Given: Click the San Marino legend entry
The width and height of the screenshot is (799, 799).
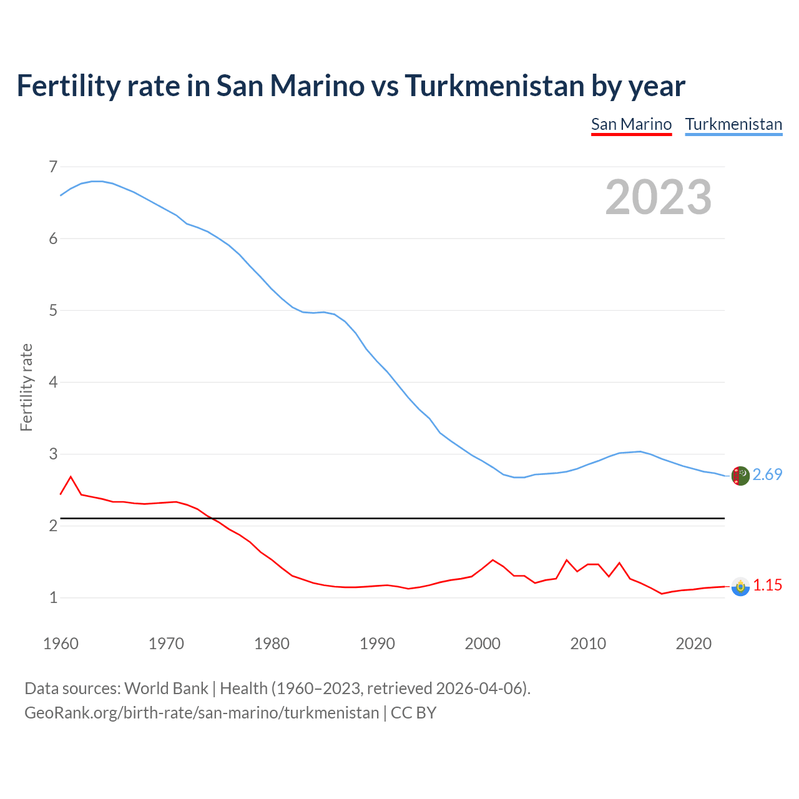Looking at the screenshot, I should tap(631, 124).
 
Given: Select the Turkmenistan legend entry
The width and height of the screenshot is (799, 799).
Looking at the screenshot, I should tap(733, 124).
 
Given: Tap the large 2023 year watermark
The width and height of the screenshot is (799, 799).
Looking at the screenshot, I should tap(658, 197).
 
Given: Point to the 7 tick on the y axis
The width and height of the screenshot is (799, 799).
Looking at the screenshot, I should tap(53, 167).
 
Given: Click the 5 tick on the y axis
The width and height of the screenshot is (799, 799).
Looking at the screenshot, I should tap(53, 310).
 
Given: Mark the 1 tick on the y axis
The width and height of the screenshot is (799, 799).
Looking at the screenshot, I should tap(53, 597).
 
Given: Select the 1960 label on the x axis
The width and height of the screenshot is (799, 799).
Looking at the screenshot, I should tap(61, 644).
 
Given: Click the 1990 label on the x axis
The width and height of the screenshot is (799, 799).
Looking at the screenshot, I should tap(377, 644).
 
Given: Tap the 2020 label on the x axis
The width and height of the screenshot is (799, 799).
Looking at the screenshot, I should tap(694, 644).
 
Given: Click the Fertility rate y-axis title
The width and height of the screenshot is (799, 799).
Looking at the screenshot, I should tap(26, 387).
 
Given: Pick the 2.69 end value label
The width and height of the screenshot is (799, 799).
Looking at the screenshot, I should tap(767, 475).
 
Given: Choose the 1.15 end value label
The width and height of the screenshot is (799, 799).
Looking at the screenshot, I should tap(767, 586).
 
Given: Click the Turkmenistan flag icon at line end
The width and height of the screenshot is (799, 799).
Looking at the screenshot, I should tap(740, 476).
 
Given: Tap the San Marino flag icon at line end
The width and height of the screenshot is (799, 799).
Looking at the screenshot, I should tap(740, 586).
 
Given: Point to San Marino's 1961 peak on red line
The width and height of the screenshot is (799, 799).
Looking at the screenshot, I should tap(71, 477).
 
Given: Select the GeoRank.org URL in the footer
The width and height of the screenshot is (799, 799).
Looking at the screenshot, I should tap(202, 713).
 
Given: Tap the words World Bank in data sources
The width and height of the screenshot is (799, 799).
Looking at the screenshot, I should tap(166, 689).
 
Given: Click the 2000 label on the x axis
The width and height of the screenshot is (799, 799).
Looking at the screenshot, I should tap(483, 644).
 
